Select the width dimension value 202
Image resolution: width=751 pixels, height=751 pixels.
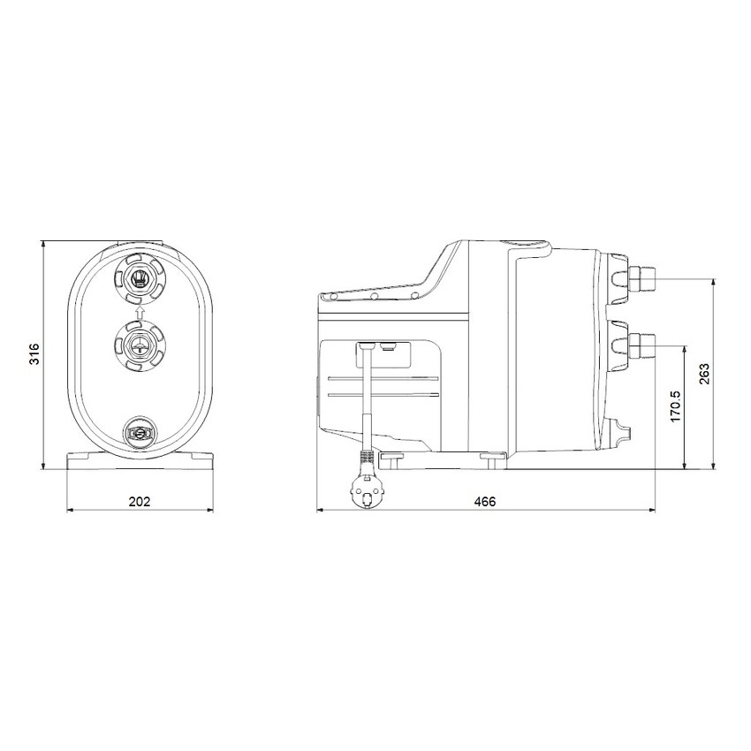coord(140,501)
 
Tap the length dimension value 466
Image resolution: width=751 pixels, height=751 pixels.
coord(485,501)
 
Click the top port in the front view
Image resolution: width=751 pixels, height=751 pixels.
coord(139,278)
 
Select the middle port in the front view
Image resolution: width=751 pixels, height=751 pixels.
coord(139,345)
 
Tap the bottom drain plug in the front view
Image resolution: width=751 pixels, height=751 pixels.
coord(139,433)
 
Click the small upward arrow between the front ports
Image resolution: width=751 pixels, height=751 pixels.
coord(139,310)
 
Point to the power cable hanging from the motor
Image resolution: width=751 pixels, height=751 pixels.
coord(363,398)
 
